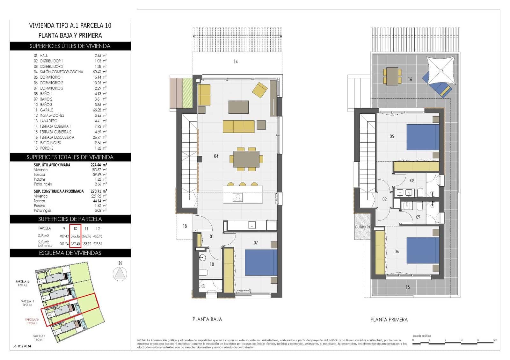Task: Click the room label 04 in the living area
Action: [x=216, y=156]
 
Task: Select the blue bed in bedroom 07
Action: [x=261, y=262]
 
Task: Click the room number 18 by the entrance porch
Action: [x=185, y=226]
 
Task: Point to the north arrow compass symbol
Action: [x=120, y=274]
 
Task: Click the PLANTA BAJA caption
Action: [x=207, y=319]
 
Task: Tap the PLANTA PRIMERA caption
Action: [x=389, y=320]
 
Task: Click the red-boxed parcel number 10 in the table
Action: [x=76, y=228]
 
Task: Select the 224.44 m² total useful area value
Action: [x=99, y=165]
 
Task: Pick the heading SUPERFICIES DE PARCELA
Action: [x=70, y=219]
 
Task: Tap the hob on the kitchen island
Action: [x=238, y=198]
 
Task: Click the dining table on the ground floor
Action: [x=246, y=159]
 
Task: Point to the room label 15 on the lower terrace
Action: [x=408, y=287]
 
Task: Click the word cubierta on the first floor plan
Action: [x=363, y=227]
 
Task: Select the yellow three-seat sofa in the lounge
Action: [x=238, y=126]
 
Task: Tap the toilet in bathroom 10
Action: [x=203, y=273]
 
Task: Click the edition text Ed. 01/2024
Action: [x=22, y=346]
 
